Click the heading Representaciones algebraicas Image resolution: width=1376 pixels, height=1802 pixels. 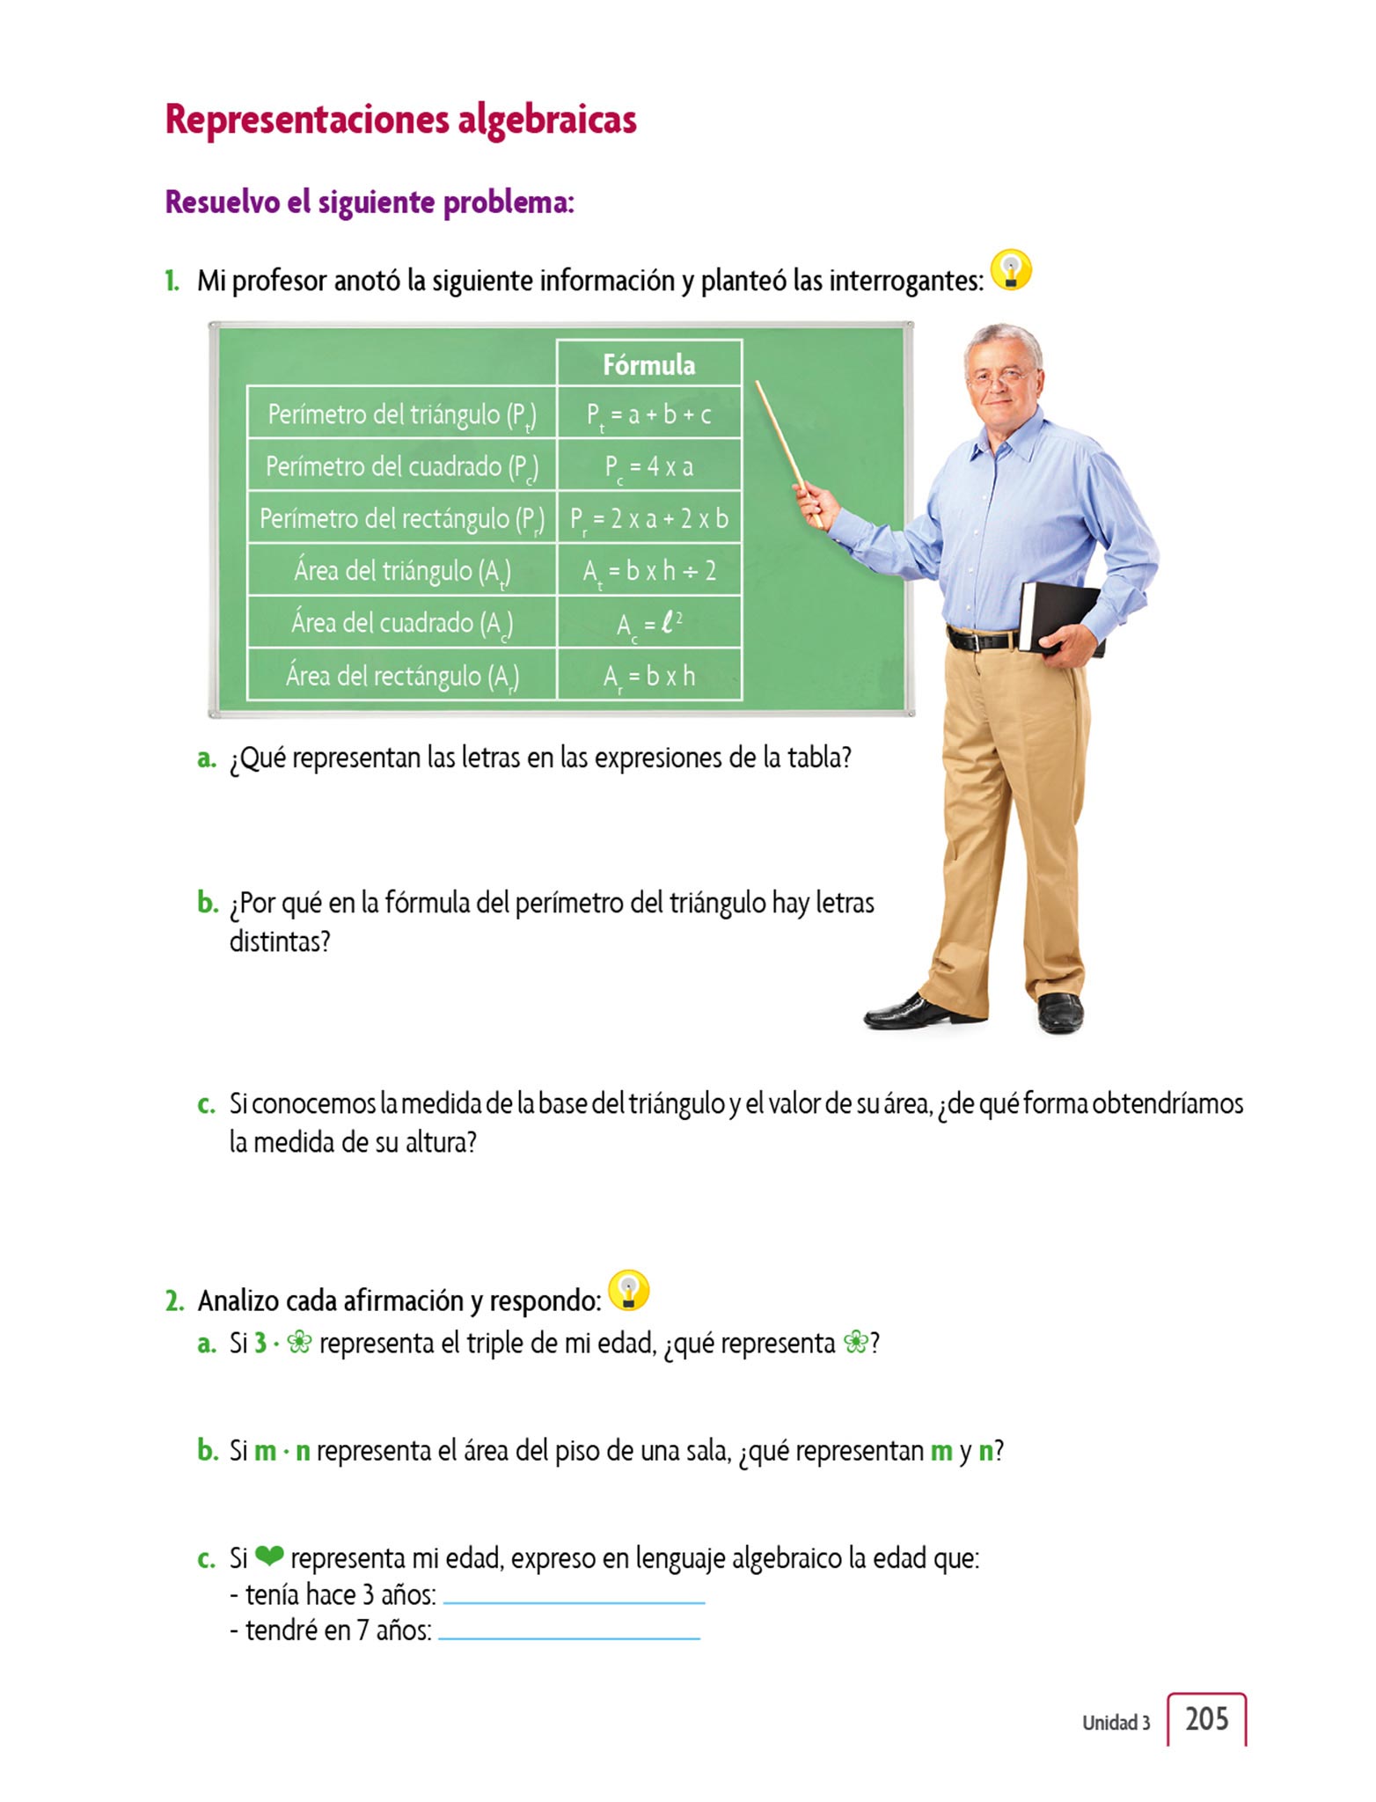click(400, 120)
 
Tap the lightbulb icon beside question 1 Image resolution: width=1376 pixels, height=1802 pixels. click(1011, 270)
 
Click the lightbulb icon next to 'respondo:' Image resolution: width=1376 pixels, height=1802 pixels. click(628, 1291)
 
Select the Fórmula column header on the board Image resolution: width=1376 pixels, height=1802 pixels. click(649, 364)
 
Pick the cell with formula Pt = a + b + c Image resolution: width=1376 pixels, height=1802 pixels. click(649, 414)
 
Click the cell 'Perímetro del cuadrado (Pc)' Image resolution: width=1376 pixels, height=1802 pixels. click(402, 466)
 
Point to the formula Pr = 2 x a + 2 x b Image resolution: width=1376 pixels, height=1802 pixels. click(649, 519)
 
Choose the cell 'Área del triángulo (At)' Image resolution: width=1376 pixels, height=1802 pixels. click(402, 571)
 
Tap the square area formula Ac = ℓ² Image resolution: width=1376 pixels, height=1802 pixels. click(649, 624)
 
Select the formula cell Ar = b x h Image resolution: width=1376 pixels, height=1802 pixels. click(649, 676)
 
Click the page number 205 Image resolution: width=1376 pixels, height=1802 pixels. click(1206, 1719)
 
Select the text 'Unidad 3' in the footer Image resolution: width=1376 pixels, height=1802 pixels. click(1116, 1723)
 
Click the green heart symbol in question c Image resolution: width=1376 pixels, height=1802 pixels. click(269, 1557)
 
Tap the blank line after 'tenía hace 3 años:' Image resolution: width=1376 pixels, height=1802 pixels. click(574, 1600)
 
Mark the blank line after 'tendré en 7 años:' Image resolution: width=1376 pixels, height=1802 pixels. click(569, 1636)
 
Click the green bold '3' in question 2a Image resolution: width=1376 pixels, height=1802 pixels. click(260, 1343)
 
